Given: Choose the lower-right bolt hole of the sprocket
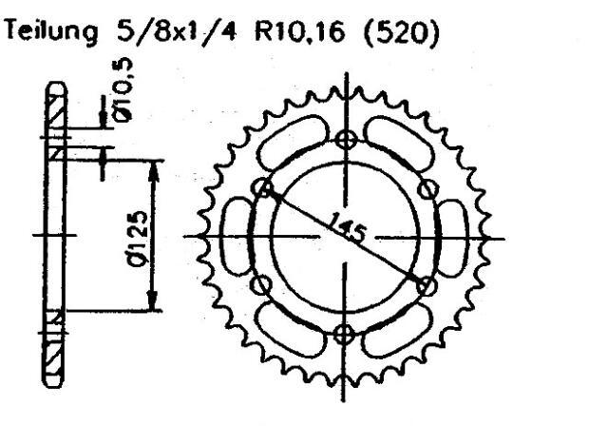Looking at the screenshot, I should click(x=426, y=283).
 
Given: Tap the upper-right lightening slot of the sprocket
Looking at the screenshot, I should click(x=404, y=144).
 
